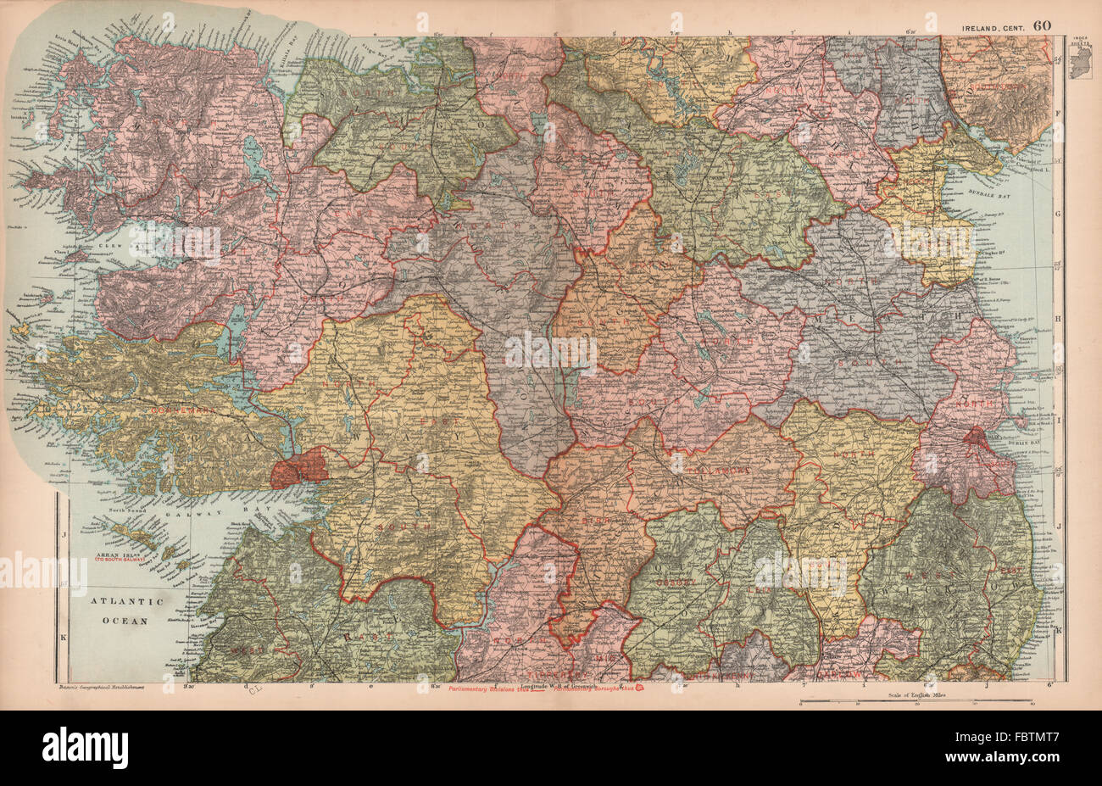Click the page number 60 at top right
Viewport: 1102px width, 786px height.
1042,25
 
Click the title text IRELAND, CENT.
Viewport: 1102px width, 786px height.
994,27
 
